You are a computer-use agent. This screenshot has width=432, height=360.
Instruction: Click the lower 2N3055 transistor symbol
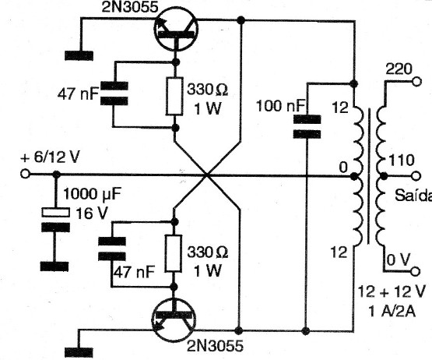tap(174, 320)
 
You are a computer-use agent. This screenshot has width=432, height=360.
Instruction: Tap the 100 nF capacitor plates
tap(307, 127)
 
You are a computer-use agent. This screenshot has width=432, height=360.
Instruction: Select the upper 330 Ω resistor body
tap(174, 97)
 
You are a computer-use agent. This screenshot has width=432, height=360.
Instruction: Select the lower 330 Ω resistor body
tap(174, 254)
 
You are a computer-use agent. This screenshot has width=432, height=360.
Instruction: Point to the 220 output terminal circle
tap(417, 82)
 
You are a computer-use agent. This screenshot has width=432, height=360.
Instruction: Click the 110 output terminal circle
tap(416, 176)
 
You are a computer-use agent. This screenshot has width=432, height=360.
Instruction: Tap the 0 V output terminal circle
tap(416, 271)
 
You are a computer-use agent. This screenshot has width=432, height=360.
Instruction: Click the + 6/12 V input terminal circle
tap(25, 174)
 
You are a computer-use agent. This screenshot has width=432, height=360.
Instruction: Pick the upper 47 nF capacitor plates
tap(114, 94)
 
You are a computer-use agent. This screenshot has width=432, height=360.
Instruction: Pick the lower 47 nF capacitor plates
tap(112, 249)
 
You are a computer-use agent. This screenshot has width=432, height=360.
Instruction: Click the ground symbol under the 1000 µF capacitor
tap(54, 266)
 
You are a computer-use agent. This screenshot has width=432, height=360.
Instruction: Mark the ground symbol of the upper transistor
tap(79, 55)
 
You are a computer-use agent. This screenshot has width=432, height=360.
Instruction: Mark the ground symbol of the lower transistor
tap(79, 352)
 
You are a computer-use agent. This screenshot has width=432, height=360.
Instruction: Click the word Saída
tap(413, 196)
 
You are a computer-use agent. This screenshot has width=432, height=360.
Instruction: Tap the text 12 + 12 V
tap(392, 291)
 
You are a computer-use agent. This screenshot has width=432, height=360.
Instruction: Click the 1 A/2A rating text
tap(392, 312)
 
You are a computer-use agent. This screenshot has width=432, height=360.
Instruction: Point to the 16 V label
tap(91, 214)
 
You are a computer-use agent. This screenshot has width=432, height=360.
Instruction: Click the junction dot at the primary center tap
tap(354, 176)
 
